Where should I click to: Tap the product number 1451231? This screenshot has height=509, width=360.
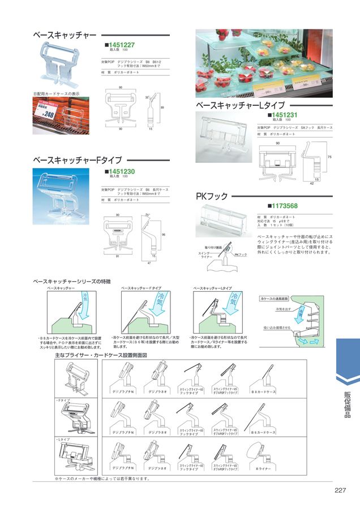point(285,115)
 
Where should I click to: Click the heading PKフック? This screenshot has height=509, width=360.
point(212,196)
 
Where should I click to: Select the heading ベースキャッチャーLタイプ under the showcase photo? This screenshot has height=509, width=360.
point(240,106)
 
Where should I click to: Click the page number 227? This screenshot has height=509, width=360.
point(340,490)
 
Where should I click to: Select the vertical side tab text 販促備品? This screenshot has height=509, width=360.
point(348,404)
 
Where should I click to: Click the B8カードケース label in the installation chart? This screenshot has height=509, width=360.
point(264,391)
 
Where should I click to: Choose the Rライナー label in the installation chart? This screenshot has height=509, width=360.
point(264,468)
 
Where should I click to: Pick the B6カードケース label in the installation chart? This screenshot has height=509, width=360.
point(264,432)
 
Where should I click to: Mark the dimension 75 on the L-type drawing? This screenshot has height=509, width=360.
point(329,156)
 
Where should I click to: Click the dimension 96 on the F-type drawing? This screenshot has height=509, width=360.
point(163,234)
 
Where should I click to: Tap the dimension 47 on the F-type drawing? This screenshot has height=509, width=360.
point(149,264)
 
